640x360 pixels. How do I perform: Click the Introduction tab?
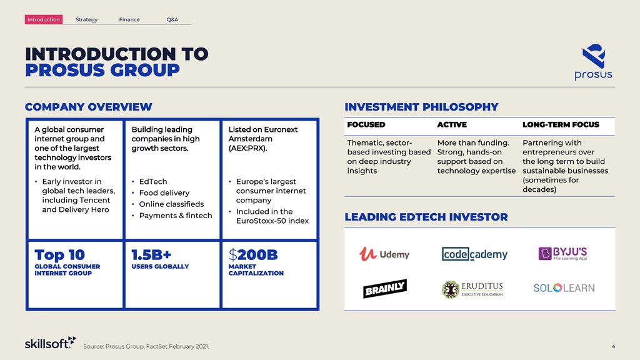click(x=44, y=19)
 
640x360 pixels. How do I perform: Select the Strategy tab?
click(x=86, y=19)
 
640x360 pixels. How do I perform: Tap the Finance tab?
click(x=129, y=19)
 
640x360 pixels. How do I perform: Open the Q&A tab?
click(x=172, y=19)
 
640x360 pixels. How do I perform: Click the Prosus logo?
click(x=594, y=62)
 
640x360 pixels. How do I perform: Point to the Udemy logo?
click(x=384, y=254)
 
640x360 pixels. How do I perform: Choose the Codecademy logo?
click(x=474, y=254)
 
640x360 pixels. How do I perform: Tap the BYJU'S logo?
click(x=563, y=254)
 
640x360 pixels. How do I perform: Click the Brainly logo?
click(x=385, y=288)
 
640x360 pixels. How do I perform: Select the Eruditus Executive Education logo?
click(x=472, y=289)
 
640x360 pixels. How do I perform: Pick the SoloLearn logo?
click(x=564, y=287)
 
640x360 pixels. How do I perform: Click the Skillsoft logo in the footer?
click(x=50, y=343)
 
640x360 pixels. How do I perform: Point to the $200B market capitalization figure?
click(x=253, y=255)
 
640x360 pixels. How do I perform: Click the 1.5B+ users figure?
click(x=151, y=255)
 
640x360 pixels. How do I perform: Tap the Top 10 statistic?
click(x=59, y=255)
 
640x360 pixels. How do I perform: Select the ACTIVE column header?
click(x=452, y=124)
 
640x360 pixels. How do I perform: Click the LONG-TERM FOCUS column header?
click(x=561, y=124)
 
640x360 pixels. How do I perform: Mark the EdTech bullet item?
click(x=152, y=181)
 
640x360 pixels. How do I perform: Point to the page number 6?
click(x=614, y=346)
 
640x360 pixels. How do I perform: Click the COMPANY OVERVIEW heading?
click(x=89, y=107)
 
